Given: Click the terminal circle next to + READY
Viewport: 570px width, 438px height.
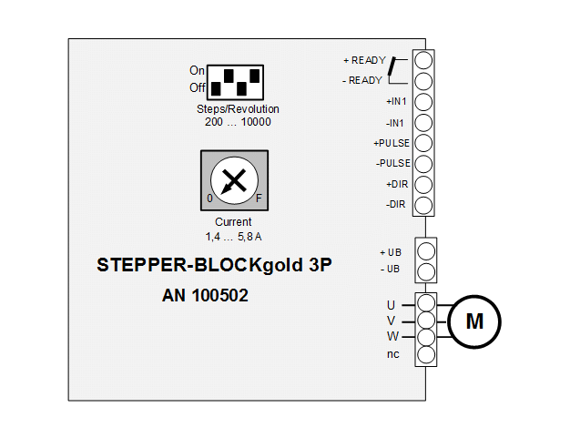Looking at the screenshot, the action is [423, 60].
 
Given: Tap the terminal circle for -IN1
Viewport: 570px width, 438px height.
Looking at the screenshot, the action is [423, 123].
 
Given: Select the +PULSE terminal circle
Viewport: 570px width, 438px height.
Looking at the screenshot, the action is [423, 143].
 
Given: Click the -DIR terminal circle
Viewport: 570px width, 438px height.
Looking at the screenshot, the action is [423, 206].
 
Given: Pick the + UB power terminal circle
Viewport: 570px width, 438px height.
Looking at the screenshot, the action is [426, 251].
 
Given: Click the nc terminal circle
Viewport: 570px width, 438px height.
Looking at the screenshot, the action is [426, 355].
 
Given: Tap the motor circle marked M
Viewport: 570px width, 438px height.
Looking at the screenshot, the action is [474, 321].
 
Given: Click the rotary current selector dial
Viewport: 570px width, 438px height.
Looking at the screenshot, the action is [235, 180].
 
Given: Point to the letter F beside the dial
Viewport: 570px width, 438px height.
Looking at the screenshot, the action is [259, 199].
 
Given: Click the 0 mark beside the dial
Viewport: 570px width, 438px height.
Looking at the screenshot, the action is [209, 199].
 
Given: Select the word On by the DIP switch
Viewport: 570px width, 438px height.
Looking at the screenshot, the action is [197, 70].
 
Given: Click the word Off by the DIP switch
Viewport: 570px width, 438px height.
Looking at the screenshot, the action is [198, 87].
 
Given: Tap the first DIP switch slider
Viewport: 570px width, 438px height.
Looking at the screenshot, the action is [216, 88].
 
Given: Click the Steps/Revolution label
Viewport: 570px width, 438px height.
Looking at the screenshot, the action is [238, 109].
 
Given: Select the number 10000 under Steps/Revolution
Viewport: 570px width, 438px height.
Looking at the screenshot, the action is [256, 122].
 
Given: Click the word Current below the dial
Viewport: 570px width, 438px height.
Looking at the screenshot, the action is [233, 221].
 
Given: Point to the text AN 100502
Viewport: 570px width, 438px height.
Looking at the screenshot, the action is [205, 295].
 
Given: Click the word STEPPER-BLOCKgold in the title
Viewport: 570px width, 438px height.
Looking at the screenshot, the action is [199, 265].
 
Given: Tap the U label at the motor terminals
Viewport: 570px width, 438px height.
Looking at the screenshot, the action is [392, 305].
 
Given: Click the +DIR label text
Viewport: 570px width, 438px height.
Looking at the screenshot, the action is [397, 184].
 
